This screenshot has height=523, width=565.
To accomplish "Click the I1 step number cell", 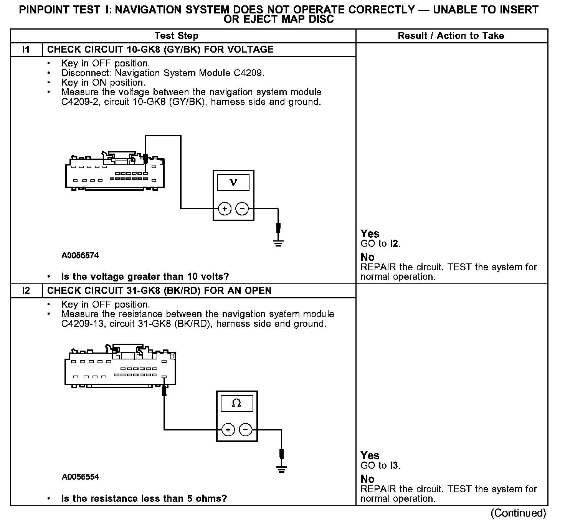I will tap(26, 50).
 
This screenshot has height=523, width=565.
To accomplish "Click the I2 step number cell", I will tap(26, 291).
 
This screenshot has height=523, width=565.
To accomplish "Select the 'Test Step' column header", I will tap(176, 36).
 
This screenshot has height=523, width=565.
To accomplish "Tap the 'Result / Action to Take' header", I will tap(451, 36).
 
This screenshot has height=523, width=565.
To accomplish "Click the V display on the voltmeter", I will tap(233, 182).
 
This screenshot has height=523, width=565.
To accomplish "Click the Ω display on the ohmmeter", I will tap(236, 403).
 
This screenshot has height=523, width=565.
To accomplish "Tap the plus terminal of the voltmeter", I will tap(225, 209).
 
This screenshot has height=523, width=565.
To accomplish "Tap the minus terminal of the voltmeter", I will tap(242, 209).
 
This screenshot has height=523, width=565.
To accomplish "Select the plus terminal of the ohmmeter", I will tap(228, 429).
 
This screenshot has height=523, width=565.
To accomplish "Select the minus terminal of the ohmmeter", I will tap(245, 429).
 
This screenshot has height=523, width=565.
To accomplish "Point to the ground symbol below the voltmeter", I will tap(278, 243).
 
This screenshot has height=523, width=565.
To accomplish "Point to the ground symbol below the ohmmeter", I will tap(282, 468).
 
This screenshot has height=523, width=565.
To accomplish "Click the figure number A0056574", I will tap(80, 255).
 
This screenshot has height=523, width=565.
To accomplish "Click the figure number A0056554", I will tap(80, 477).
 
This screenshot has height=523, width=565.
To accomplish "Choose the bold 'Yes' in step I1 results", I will tap(370, 234).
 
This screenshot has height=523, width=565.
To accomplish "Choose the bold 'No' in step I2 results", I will tap(367, 479).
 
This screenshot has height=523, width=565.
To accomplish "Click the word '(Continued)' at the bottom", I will tap(518, 513).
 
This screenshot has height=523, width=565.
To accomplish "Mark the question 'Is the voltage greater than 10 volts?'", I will tap(145, 276).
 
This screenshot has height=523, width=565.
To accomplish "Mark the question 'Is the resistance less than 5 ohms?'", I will tap(144, 498).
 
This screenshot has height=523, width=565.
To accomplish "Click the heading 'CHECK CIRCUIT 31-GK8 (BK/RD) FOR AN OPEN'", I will tap(159, 291).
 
